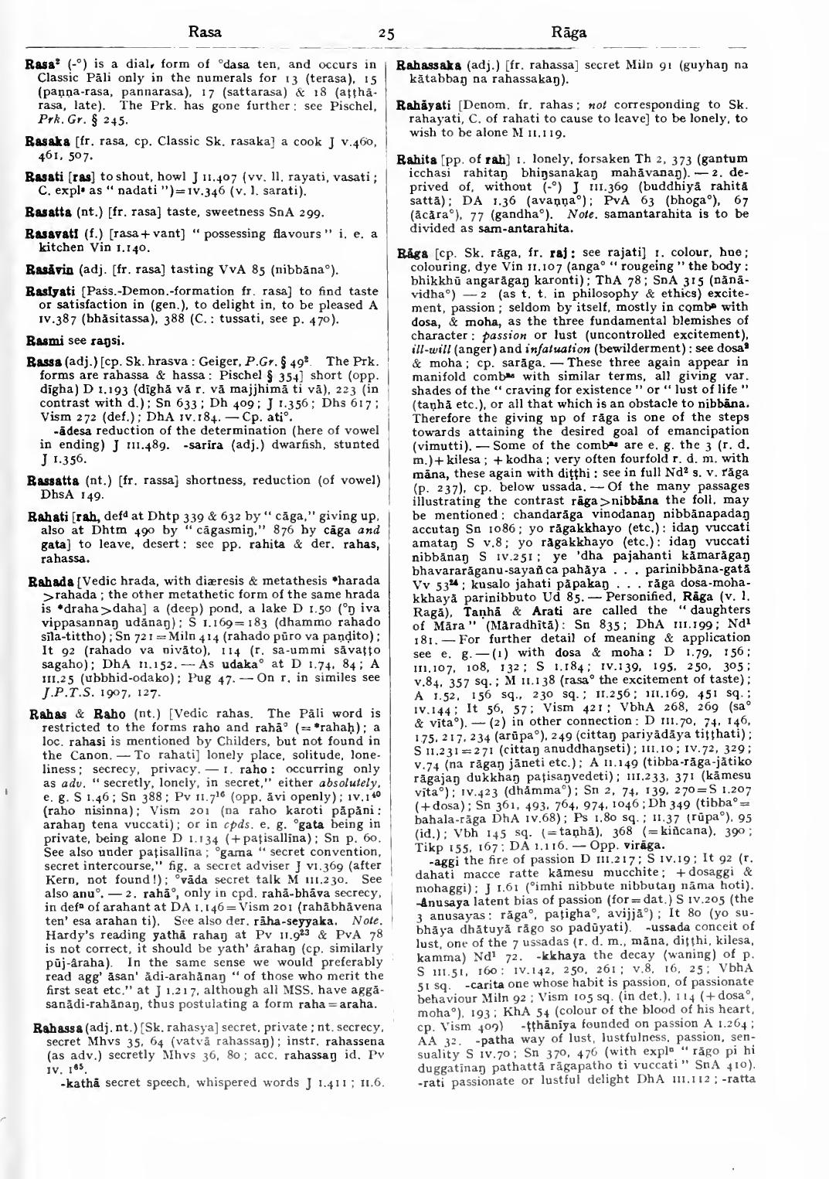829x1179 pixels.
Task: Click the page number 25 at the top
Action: (x=387, y=33)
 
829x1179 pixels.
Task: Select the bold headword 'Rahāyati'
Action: (x=421, y=104)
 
